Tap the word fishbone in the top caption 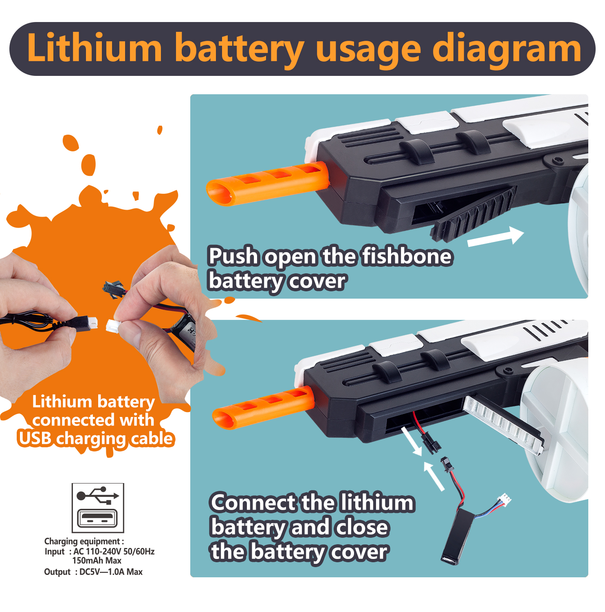[x=407, y=256]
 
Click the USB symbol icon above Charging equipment [x=98, y=508]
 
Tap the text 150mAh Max [x=97, y=561]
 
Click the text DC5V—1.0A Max [x=111, y=572]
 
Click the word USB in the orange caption [x=35, y=438]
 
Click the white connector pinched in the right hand [x=114, y=326]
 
